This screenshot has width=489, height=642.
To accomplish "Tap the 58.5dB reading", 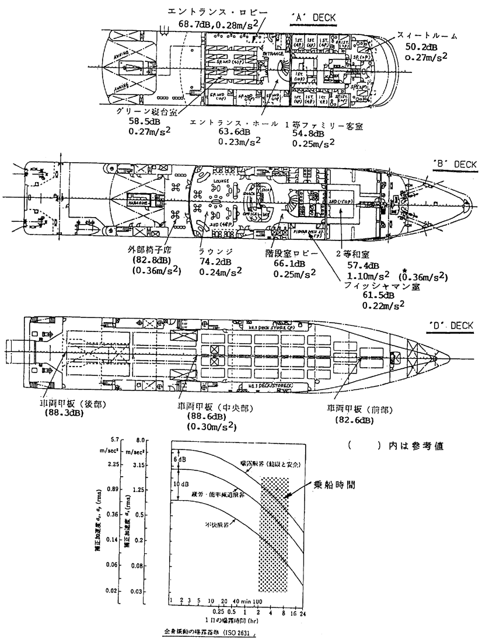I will (144, 123).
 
